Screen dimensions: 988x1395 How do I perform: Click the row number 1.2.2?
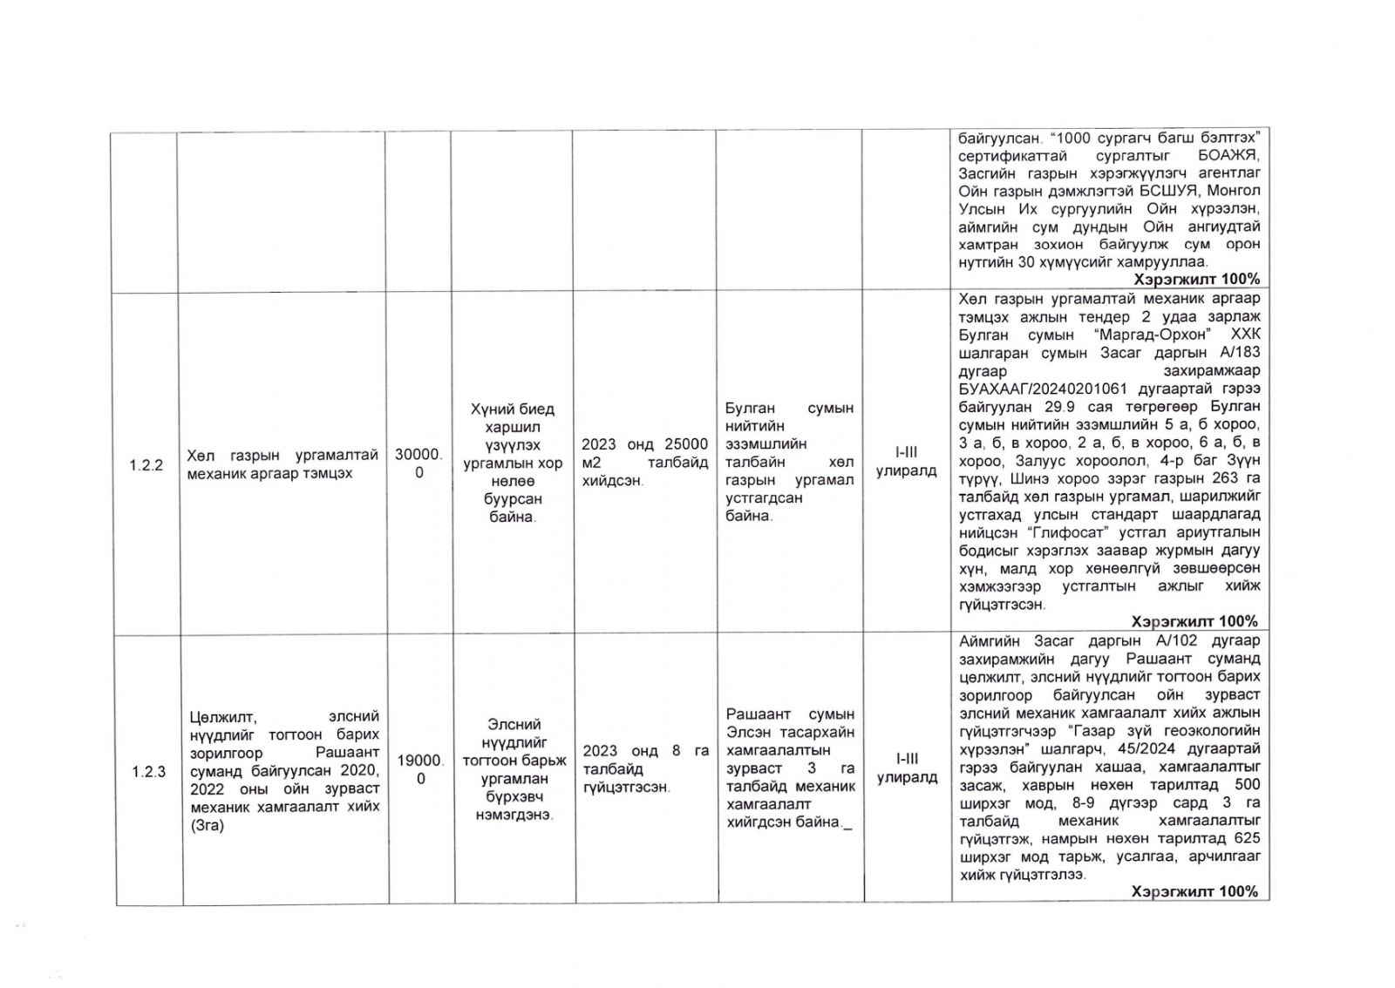(146, 465)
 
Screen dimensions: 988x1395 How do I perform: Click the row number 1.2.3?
(148, 772)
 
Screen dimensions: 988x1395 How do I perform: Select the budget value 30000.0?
(418, 464)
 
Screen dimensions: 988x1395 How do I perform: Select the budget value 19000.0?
(420, 769)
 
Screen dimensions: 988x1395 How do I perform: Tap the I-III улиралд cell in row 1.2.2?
(906, 462)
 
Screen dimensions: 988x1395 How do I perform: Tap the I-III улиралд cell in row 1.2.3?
(907, 768)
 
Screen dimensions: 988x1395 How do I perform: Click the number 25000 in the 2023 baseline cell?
(686, 444)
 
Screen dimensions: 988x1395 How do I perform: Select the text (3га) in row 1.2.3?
(207, 825)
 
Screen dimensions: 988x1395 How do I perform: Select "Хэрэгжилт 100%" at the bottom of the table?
(1194, 891)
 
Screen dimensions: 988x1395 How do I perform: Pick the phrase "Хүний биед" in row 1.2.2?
(512, 409)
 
